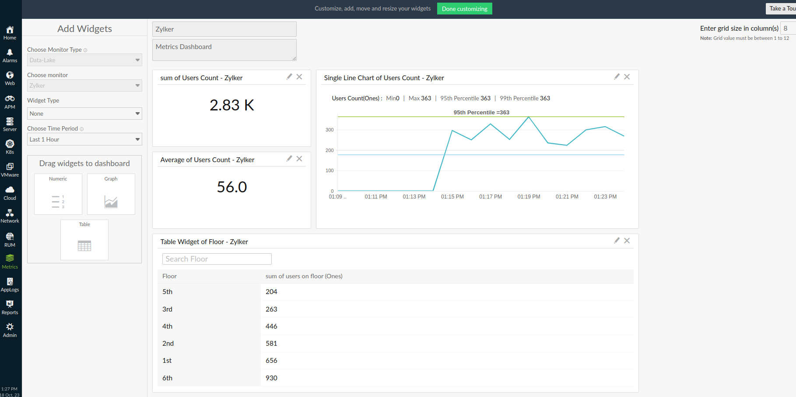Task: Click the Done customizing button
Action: tap(464, 9)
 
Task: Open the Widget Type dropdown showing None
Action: tap(84, 113)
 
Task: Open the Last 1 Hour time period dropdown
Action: tap(84, 139)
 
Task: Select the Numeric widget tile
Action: tap(58, 194)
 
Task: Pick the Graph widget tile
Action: tap(111, 194)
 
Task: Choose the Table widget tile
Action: tap(84, 240)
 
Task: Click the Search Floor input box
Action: tap(217, 259)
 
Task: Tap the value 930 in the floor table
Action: tap(271, 378)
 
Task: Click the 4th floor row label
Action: tap(167, 326)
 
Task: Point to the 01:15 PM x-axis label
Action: tap(452, 197)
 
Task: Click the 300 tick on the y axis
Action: tap(330, 130)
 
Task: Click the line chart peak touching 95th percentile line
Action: tap(529, 117)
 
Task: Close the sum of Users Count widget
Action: tap(299, 77)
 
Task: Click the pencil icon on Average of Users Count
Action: tap(289, 159)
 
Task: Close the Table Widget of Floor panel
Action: tap(627, 241)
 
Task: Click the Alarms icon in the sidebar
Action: tap(10, 55)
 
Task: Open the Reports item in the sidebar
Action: tap(10, 307)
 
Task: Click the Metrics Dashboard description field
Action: tap(224, 50)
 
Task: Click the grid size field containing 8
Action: tap(788, 28)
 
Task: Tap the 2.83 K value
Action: tap(231, 105)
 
